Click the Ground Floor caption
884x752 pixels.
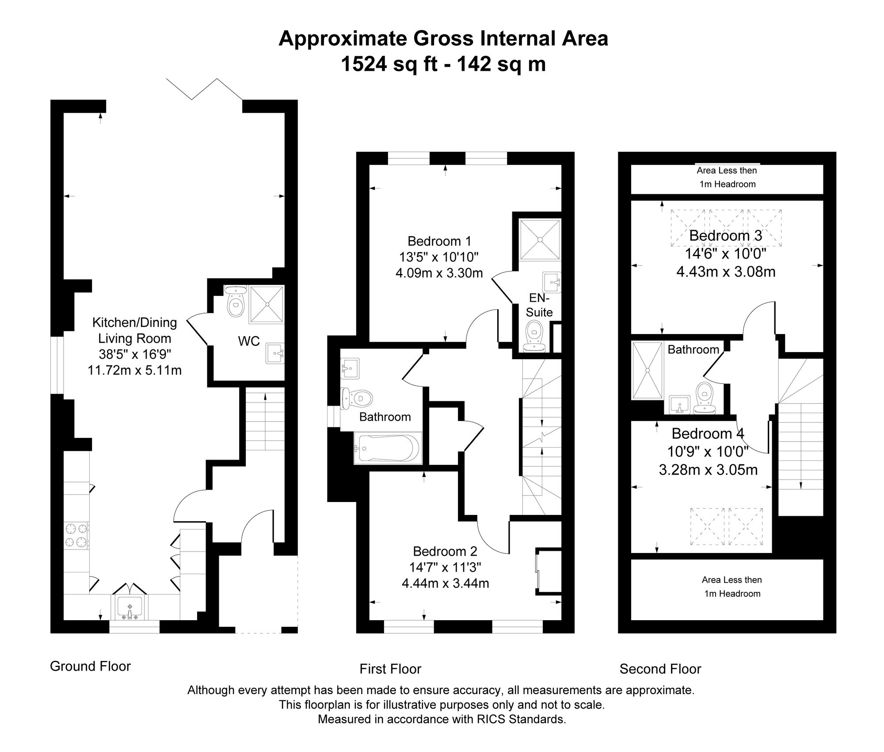[x=90, y=666]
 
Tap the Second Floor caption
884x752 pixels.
[x=660, y=669]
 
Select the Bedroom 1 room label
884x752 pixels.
[x=439, y=241]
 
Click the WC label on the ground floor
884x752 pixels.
[x=249, y=341]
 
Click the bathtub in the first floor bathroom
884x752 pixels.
[x=388, y=449]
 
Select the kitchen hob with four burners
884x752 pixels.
[x=77, y=535]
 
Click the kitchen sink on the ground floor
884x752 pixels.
[x=129, y=608]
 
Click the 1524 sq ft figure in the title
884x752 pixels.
[x=389, y=64]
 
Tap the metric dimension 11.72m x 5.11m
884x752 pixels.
[x=134, y=370]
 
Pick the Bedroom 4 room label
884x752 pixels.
[x=708, y=434]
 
